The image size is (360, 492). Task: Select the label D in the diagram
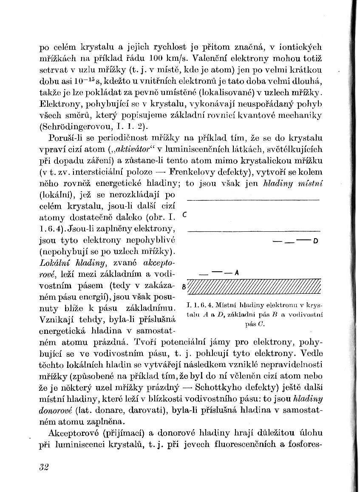point(315,242)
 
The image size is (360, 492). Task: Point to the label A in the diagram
point(237,273)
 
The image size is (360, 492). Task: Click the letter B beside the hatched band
point(184,286)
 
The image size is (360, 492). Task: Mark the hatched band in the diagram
point(254,287)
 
